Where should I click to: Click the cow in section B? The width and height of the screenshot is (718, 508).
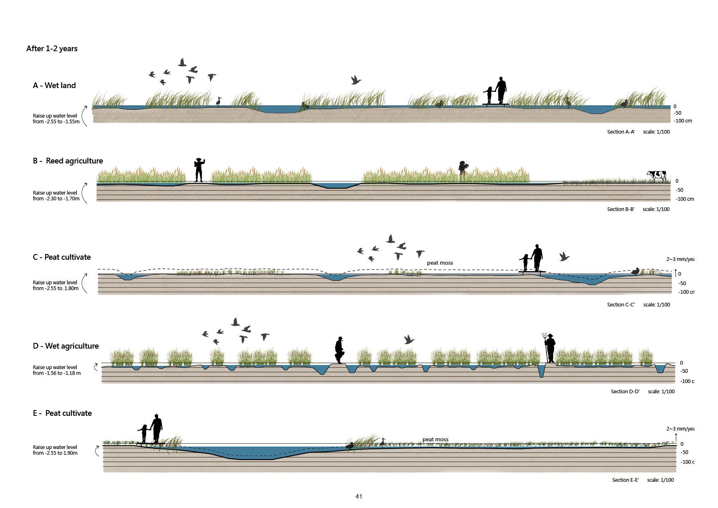pyautogui.click(x=657, y=176)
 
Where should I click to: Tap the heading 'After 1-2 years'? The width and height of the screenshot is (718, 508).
pyautogui.click(x=52, y=48)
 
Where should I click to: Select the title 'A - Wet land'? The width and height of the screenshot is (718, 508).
pyautogui.click(x=54, y=85)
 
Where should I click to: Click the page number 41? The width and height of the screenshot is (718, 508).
pyautogui.click(x=359, y=496)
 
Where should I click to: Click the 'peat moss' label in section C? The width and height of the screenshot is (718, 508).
pyautogui.click(x=440, y=263)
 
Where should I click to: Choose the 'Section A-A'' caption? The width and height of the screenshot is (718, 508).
pyautogui.click(x=621, y=132)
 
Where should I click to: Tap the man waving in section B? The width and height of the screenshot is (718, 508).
pyautogui.click(x=199, y=170)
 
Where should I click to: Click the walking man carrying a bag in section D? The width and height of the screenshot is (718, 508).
pyautogui.click(x=339, y=350)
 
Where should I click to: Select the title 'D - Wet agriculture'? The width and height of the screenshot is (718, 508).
pyautogui.click(x=65, y=346)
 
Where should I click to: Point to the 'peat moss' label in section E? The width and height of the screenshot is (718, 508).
pyautogui.click(x=435, y=439)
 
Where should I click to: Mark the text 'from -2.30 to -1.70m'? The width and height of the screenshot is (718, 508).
pyautogui.click(x=56, y=199)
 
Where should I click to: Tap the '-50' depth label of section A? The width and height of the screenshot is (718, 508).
pyautogui.click(x=677, y=113)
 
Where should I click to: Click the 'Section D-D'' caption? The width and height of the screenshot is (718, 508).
pyautogui.click(x=625, y=391)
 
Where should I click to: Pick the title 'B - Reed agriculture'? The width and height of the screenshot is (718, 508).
pyautogui.click(x=68, y=161)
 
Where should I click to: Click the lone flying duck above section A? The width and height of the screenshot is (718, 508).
pyautogui.click(x=356, y=80)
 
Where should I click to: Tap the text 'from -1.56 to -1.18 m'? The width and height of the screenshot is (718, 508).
pyautogui.click(x=56, y=373)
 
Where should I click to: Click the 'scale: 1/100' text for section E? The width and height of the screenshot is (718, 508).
pyautogui.click(x=660, y=480)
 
